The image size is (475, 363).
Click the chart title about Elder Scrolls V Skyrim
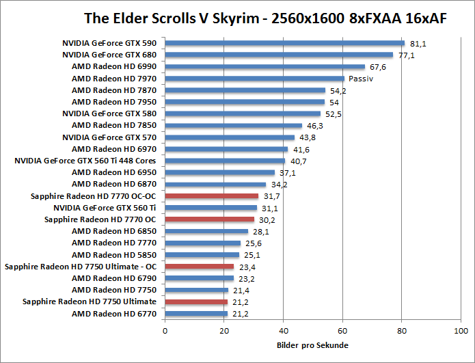pos(265,18)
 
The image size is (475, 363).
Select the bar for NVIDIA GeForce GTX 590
pos(284,43)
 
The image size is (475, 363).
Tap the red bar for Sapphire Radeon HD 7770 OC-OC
pos(211,196)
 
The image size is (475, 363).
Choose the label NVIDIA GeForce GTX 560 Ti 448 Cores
pos(85,161)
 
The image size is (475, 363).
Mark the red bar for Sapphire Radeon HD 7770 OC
pos(209,219)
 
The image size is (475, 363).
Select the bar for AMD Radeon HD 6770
pos(196,314)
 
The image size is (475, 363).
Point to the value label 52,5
pos(333,114)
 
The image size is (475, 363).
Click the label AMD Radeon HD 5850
pos(114,255)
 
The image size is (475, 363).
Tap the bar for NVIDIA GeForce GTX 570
pos(230,137)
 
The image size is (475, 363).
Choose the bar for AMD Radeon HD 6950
pos(219,173)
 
